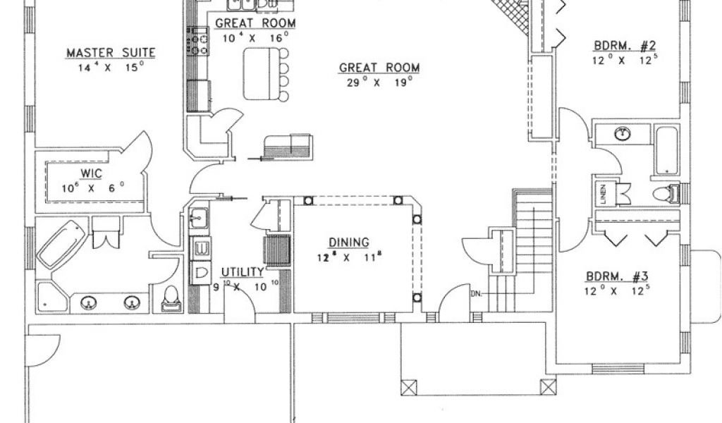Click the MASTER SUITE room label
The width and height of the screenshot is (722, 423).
[110, 53]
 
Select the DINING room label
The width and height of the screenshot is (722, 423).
[348, 243]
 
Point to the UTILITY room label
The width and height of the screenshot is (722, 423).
[243, 272]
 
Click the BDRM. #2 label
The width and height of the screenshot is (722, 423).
[625, 47]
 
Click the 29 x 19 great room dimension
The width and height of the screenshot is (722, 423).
[379, 82]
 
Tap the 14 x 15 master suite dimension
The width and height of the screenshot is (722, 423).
[111, 68]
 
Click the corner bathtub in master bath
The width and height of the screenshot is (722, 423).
[61, 243]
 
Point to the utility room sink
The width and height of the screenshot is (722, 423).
[198, 218]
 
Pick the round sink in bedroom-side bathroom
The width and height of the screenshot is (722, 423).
[622, 134]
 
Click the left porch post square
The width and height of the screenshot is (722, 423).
[410, 386]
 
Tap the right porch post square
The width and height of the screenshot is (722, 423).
[548, 386]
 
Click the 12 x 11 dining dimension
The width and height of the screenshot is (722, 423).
[348, 257]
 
